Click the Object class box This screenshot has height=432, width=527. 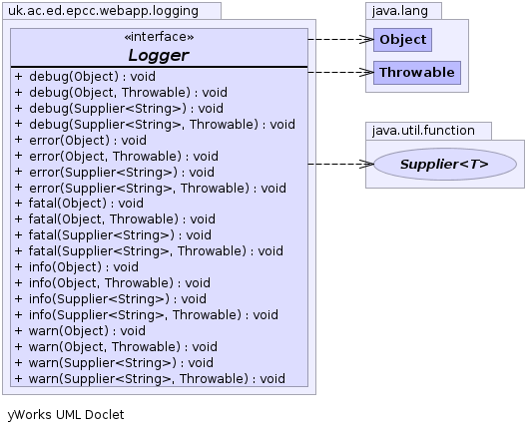(x=402, y=40)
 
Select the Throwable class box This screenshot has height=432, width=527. (x=417, y=73)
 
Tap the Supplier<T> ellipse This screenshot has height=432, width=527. (x=445, y=165)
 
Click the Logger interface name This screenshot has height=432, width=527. (x=159, y=56)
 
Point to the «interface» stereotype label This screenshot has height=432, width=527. (x=159, y=37)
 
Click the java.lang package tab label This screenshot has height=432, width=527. (x=400, y=11)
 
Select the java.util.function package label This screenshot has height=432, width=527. (x=423, y=131)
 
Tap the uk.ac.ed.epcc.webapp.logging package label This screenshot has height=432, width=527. (x=103, y=11)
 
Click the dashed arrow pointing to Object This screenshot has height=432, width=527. (x=340, y=40)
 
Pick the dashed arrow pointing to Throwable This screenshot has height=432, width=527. (x=340, y=72)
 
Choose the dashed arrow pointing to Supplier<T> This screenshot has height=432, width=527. (x=340, y=165)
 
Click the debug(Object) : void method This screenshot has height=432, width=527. (x=85, y=77)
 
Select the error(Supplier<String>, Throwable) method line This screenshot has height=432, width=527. (x=151, y=189)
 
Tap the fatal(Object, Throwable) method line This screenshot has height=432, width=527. (x=115, y=219)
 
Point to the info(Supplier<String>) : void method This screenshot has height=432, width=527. (x=111, y=299)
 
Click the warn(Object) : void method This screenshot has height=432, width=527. (x=80, y=331)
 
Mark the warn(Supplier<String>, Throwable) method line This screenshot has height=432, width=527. (x=150, y=379)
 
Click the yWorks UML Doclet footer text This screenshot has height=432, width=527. (x=66, y=415)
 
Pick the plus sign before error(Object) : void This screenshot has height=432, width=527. (x=19, y=140)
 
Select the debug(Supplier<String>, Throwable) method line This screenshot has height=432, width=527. (x=155, y=125)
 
